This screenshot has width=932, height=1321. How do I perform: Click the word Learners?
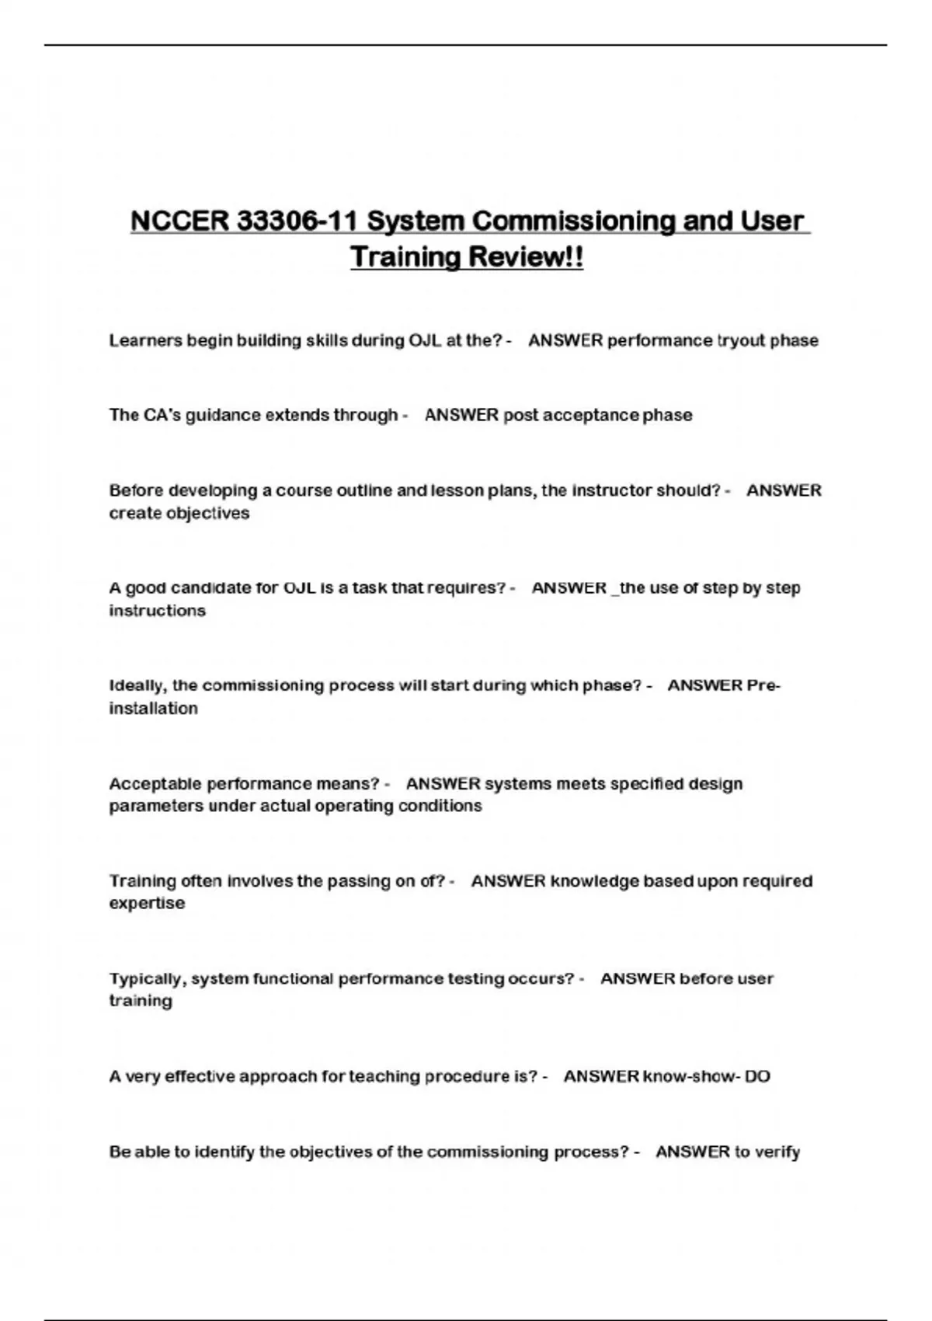[145, 340]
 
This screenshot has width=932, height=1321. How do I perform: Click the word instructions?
[157, 611]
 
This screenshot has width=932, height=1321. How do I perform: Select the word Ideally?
[137, 685]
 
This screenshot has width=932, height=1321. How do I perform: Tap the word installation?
[153, 708]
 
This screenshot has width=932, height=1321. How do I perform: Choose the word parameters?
[156, 806]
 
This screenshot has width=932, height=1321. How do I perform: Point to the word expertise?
[147, 903]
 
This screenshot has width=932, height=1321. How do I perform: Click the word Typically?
[148, 978]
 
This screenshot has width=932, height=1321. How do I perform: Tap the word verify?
[777, 1152]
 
